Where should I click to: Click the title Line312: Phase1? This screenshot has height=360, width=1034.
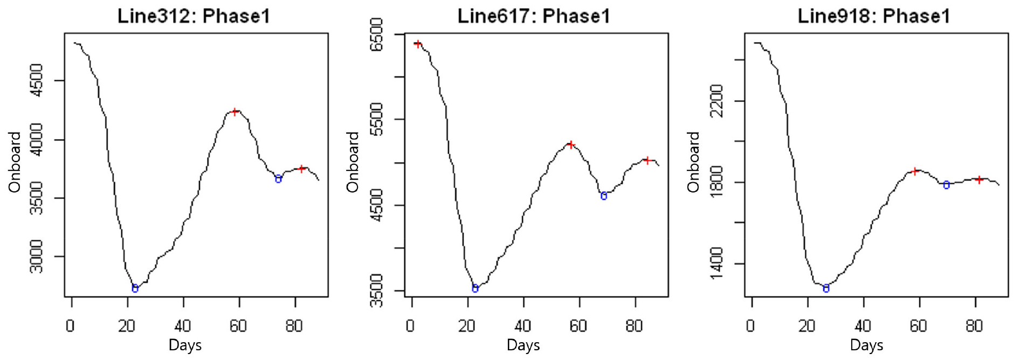point(194,16)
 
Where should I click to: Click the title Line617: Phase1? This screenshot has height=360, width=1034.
point(534,16)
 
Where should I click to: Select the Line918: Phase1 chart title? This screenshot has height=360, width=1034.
point(873,16)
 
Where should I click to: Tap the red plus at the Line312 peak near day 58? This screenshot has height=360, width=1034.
point(235,112)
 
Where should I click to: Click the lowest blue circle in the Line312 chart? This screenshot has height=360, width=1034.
point(135,288)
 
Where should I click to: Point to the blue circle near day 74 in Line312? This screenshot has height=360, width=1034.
point(278,179)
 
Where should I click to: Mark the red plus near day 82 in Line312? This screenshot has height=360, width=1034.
point(301,169)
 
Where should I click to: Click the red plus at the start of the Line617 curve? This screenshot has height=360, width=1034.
point(418,44)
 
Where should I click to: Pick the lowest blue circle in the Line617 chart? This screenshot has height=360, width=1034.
point(475,288)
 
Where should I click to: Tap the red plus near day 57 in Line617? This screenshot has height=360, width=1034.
point(570,144)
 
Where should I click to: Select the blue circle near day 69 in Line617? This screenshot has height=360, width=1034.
point(604,196)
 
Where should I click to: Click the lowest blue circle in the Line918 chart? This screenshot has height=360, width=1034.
point(826,288)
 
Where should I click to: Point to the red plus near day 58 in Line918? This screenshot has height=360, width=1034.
point(914,171)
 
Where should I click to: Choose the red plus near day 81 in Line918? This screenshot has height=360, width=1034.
point(979,179)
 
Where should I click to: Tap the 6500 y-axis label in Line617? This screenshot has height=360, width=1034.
point(377,34)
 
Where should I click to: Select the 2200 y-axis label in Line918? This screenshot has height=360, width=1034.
point(716,101)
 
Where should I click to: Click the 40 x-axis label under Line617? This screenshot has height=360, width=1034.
point(522,326)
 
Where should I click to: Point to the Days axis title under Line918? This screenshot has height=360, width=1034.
point(866,345)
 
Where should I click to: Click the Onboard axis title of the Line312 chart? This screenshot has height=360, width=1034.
point(15,162)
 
